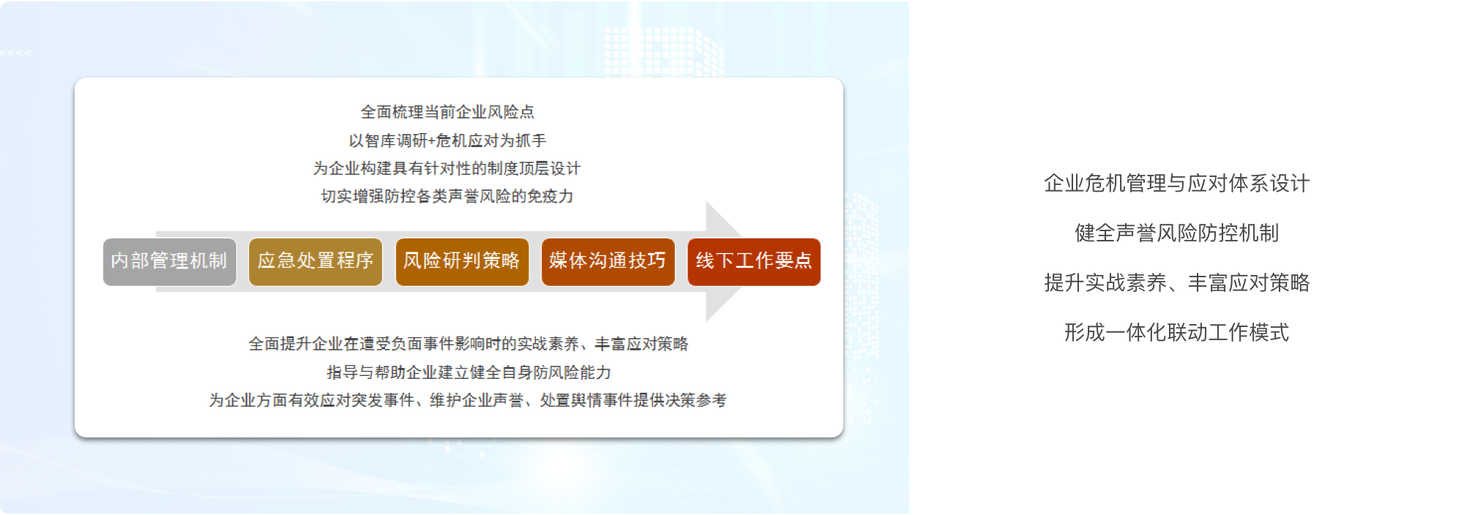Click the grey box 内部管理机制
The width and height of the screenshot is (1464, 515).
coord(170,262)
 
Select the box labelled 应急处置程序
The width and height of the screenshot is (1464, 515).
coord(315,262)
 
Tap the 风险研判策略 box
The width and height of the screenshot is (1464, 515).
coord(462,262)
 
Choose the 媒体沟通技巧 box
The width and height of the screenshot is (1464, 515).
coord(608,262)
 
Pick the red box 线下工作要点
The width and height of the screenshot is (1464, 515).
coord(754,262)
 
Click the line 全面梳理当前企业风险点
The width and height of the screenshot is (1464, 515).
coord(447,112)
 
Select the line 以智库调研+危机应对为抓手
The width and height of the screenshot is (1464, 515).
coord(447,140)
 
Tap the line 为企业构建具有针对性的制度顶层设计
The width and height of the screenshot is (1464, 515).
coord(447,168)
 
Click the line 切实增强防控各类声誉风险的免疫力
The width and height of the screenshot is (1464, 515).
coord(447,196)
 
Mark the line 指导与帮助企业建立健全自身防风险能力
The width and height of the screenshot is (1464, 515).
coord(468,372)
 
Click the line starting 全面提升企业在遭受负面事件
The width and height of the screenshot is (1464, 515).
coord(468,344)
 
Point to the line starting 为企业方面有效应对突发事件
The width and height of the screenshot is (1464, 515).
coord(468,400)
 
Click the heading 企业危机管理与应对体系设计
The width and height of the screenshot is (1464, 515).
coord(1176,184)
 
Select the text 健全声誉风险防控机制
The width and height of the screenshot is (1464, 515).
coord(1176,233)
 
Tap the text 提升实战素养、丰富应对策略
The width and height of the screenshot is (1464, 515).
coord(1176,283)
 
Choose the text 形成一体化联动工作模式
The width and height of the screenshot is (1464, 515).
coord(1176,333)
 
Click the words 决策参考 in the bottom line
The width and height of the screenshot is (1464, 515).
coord(695,400)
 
